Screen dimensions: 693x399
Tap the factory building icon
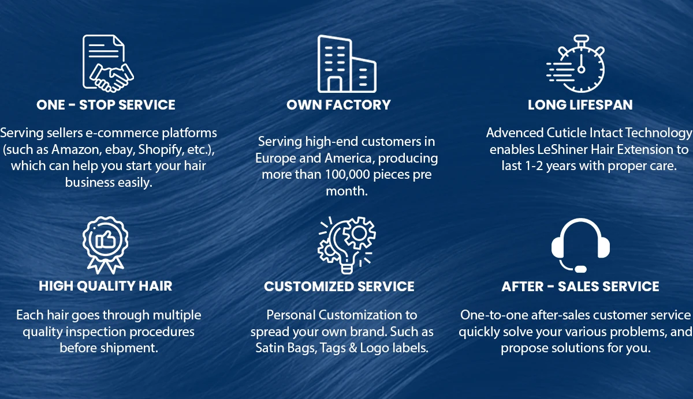346,64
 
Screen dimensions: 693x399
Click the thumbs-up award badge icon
105,244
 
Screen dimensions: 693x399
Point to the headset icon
580,245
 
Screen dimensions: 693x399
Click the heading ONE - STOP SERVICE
106,105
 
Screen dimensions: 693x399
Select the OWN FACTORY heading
338,105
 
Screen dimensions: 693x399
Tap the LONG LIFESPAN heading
580,105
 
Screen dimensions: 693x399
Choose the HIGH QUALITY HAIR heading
106,286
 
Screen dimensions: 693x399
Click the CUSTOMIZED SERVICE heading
339,287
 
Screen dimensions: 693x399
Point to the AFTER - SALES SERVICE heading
580,287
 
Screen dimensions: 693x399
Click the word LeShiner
551,149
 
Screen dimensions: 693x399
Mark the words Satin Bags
283,348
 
